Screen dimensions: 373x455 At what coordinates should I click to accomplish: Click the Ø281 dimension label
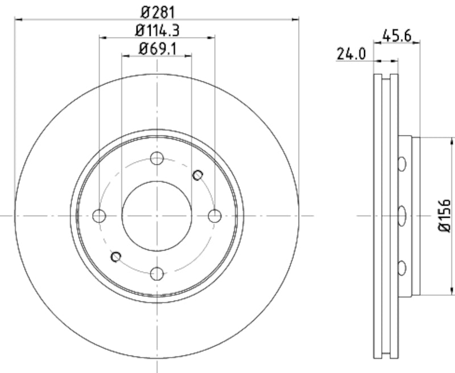pyautogui.click(x=157, y=10)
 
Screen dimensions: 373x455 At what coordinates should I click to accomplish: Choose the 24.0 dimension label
pyautogui.click(x=351, y=54)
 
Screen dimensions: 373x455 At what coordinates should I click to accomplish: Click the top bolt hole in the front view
pyautogui.click(x=157, y=159)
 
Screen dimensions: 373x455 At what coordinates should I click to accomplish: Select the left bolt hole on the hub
pyautogui.click(x=99, y=216)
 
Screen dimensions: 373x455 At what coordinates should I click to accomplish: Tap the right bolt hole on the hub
pyautogui.click(x=214, y=216)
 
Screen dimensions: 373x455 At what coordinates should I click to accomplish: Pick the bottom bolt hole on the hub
pyautogui.click(x=157, y=273)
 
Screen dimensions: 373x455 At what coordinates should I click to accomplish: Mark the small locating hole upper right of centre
pyautogui.click(x=197, y=175)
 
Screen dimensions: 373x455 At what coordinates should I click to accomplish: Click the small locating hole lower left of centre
pyautogui.click(x=116, y=257)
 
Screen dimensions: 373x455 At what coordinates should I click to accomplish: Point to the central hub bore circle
pyautogui.click(x=157, y=216)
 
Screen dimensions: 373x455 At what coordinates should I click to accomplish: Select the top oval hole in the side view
pyautogui.click(x=402, y=164)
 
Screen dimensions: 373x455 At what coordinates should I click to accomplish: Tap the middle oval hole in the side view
pyautogui.click(x=402, y=215)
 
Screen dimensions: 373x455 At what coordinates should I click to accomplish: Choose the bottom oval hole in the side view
pyautogui.click(x=402, y=267)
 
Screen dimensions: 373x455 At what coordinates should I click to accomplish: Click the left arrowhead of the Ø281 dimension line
pyautogui.click(x=17, y=19)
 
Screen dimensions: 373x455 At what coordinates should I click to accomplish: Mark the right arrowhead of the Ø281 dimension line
pyautogui.click(x=296, y=19)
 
